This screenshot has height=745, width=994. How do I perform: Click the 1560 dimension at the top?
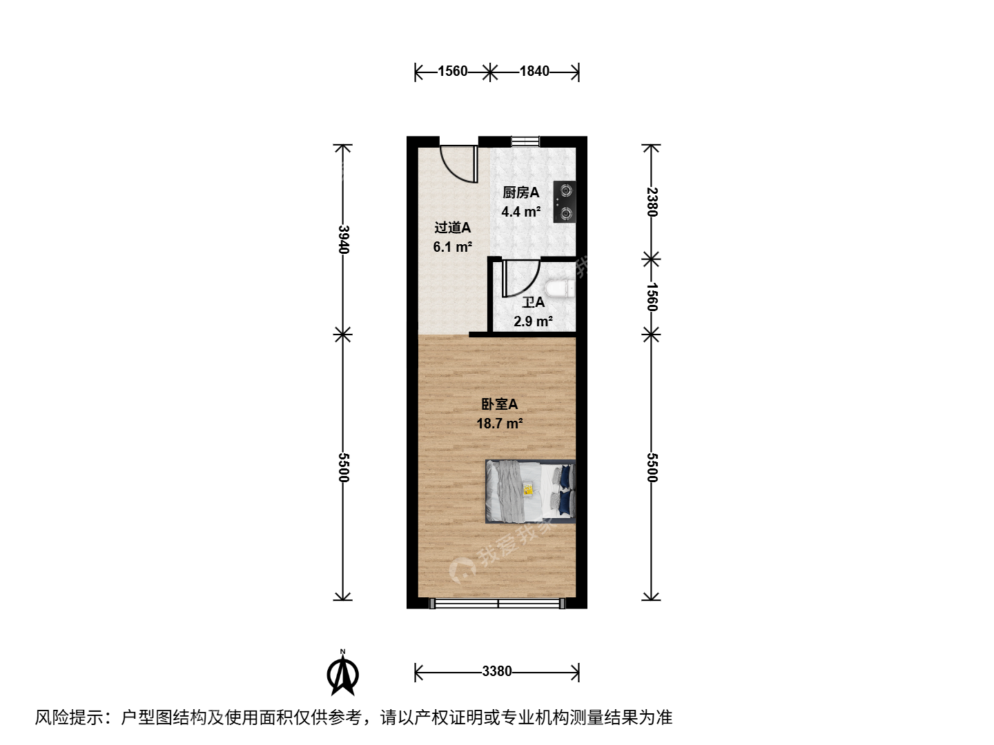[x=452, y=72]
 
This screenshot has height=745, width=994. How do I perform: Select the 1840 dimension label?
[x=534, y=72]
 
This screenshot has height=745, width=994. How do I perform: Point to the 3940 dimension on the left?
[x=343, y=239]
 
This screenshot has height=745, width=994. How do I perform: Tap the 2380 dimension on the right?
[x=652, y=201]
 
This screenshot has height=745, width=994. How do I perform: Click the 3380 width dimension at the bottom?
[x=497, y=670]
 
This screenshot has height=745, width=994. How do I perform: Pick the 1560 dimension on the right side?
[x=652, y=297]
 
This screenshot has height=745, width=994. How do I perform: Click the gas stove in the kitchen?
[x=564, y=201]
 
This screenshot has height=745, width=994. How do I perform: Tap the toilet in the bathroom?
[x=561, y=288]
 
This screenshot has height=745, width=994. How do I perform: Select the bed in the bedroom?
[x=530, y=492]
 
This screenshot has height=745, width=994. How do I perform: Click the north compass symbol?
[x=343, y=673]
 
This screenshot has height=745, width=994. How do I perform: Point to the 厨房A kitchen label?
[x=520, y=192]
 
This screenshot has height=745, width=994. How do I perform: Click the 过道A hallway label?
[x=452, y=228]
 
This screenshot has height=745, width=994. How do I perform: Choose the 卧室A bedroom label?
[x=499, y=404]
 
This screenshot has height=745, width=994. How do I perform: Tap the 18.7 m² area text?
[x=500, y=424]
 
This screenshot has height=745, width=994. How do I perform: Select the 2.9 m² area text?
[x=532, y=321]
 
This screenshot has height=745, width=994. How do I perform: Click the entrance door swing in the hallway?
[x=459, y=163]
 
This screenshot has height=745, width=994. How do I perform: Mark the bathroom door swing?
[x=520, y=278]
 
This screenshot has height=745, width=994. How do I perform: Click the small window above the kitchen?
[x=525, y=141]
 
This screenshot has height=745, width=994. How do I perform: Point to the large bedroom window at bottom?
[x=497, y=604]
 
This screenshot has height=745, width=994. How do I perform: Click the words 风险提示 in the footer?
[x=69, y=717]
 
